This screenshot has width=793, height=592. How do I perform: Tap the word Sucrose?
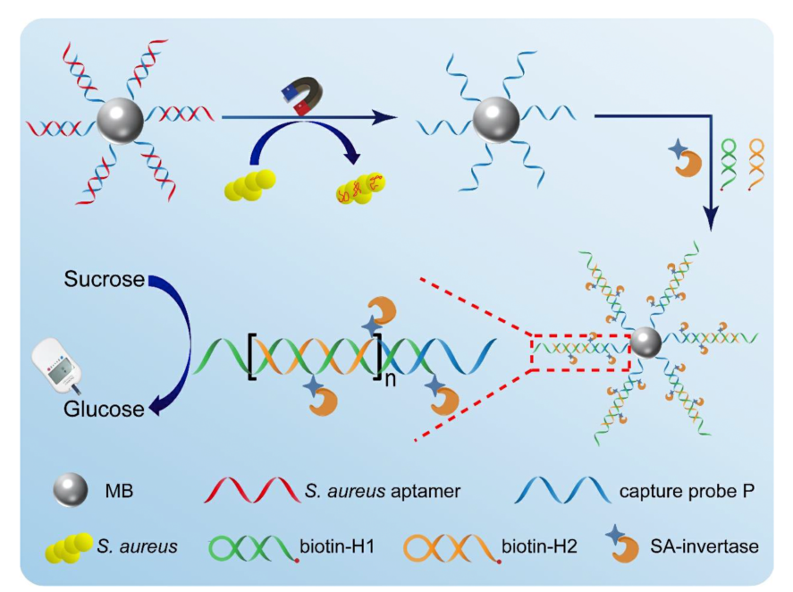click(x=104, y=280)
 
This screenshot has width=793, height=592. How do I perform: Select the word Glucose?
click(x=104, y=410)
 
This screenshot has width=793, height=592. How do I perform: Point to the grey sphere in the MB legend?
click(x=71, y=489)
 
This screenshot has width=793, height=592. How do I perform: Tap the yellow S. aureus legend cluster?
click(x=67, y=545)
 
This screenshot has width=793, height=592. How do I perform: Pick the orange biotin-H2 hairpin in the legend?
click(x=446, y=544)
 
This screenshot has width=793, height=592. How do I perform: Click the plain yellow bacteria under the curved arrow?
click(x=249, y=185)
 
